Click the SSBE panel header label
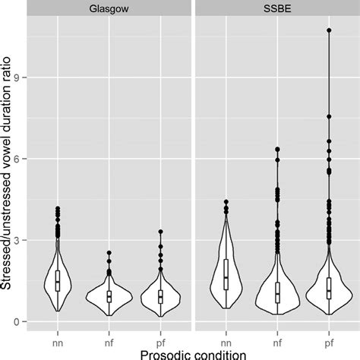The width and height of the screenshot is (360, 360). (276, 7)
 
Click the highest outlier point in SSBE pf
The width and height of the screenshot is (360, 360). (328, 30)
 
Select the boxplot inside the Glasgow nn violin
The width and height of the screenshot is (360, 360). (58, 281)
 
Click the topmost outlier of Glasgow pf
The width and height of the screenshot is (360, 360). (160, 232)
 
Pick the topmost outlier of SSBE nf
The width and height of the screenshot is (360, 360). (277, 150)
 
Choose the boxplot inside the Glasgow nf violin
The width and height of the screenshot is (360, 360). (109, 295)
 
